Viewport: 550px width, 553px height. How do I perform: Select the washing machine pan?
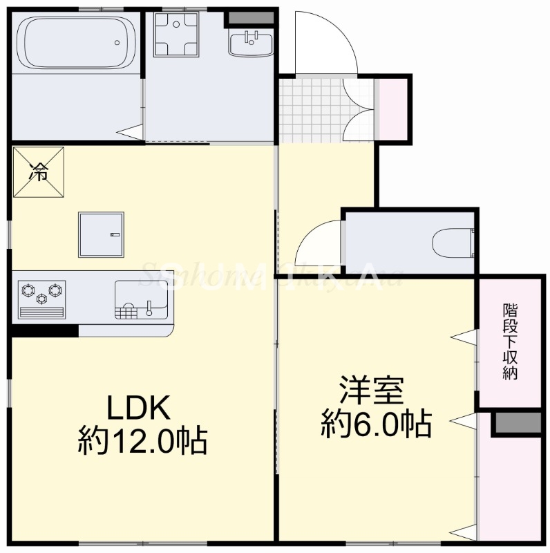click(177, 33)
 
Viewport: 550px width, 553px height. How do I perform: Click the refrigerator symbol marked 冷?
click(38, 172)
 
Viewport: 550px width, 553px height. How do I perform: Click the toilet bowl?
click(453, 243)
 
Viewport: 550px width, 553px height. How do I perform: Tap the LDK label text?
click(137, 408)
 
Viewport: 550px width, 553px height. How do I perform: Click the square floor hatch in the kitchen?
click(102, 234)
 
